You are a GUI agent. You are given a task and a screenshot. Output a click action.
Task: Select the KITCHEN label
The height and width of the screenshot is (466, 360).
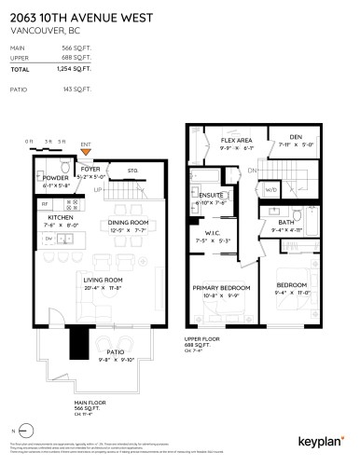click(48, 217)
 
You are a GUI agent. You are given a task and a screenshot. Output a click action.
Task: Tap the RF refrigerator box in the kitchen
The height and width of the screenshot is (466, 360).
click(43, 202)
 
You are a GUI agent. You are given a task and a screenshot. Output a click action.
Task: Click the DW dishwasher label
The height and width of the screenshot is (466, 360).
click(48, 238)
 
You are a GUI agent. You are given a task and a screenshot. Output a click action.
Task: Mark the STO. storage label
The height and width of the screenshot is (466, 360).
click(133, 171)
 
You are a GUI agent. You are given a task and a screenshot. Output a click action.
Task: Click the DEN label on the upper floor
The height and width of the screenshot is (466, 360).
click(295, 137)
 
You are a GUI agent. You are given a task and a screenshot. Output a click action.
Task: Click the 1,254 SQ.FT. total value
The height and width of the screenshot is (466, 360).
click(76, 70)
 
